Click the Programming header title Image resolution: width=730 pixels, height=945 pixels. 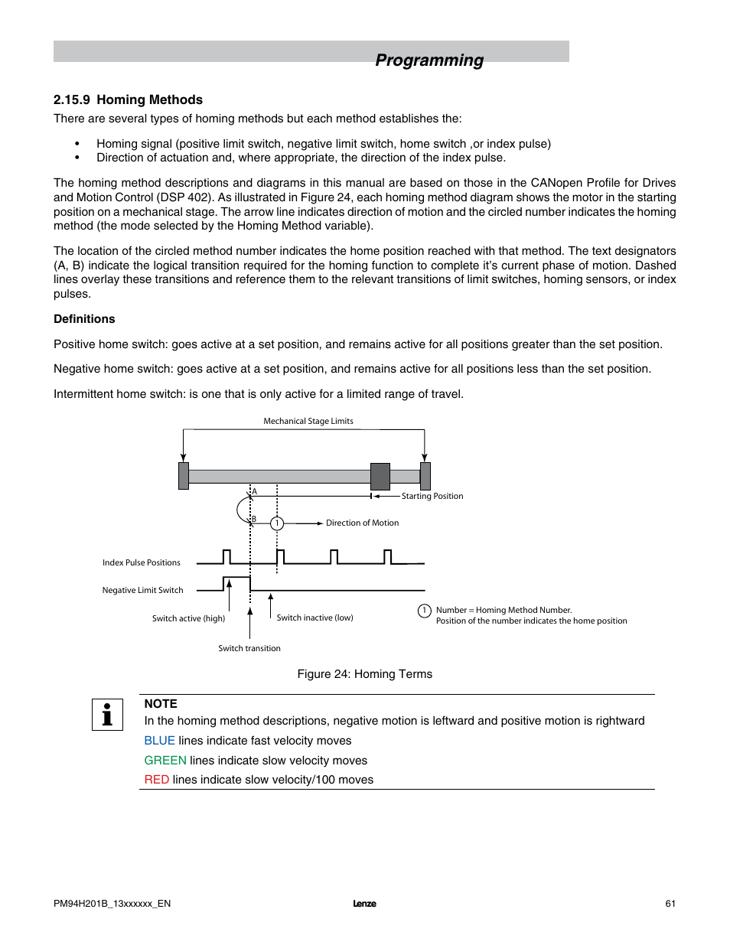(429, 60)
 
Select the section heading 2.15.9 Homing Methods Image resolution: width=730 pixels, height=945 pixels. (128, 99)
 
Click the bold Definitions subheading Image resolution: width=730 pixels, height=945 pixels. (84, 319)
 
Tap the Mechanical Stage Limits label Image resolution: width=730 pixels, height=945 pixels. (308, 421)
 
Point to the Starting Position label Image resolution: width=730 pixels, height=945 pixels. (432, 496)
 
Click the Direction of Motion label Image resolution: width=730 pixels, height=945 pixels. (362, 523)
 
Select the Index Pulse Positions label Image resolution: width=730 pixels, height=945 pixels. (142, 562)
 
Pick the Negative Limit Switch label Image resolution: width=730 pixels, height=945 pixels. (143, 590)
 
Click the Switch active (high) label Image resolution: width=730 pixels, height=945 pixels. (188, 618)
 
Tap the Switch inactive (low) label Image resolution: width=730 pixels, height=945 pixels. (314, 618)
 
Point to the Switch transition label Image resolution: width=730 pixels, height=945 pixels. (249, 648)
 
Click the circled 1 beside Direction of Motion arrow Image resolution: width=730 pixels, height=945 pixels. (277, 523)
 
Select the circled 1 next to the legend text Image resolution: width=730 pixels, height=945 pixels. (425, 611)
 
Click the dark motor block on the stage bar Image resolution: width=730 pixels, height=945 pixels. (380, 476)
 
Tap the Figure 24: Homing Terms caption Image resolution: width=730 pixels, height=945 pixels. (365, 674)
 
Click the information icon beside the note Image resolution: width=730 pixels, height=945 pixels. (107, 715)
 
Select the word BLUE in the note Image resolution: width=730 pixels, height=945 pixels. (160, 741)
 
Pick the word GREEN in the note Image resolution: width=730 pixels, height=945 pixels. (165, 761)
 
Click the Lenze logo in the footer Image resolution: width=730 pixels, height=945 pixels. (364, 904)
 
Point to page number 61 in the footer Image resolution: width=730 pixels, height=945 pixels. (670, 904)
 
